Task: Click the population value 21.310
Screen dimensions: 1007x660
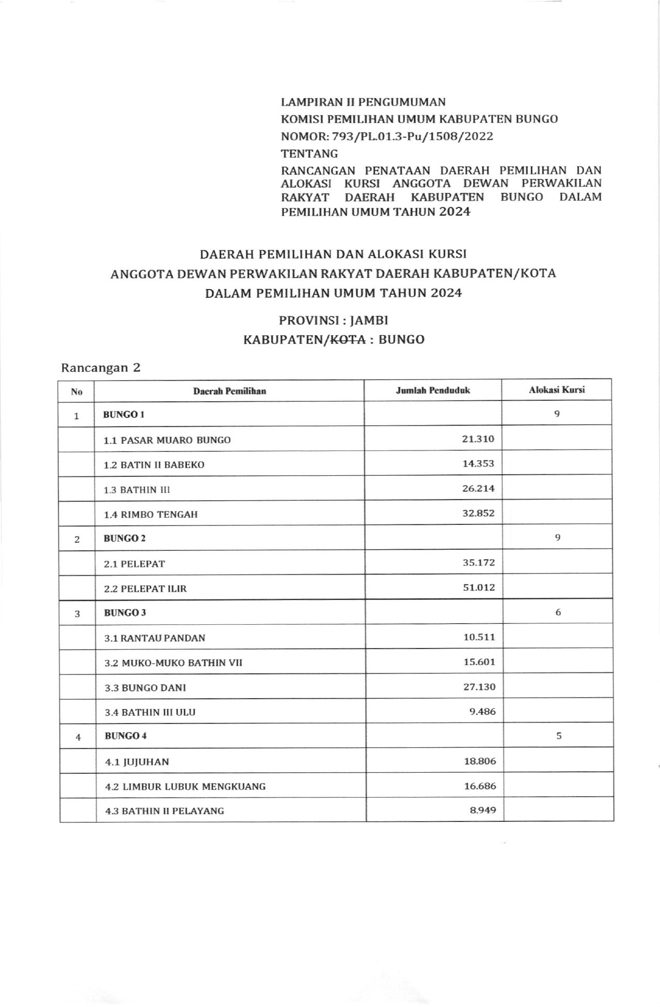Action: [478, 439]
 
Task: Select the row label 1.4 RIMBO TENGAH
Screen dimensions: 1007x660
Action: [151, 515]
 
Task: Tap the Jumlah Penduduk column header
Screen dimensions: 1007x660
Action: [433, 390]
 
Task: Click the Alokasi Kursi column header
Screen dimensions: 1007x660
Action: [557, 390]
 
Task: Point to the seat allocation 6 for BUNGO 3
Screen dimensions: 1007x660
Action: [558, 612]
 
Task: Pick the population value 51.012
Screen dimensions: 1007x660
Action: [479, 588]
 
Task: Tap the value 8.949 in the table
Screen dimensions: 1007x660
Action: [483, 810]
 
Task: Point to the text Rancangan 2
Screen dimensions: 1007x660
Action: [101, 368]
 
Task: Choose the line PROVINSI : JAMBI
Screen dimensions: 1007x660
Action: [333, 321]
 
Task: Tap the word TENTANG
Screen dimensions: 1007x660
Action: [309, 154]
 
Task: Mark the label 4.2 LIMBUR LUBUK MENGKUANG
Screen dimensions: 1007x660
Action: [185, 787]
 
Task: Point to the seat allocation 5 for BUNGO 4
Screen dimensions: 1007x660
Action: [559, 736]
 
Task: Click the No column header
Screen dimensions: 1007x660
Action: [77, 392]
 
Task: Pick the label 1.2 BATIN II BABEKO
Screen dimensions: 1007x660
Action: [154, 465]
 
